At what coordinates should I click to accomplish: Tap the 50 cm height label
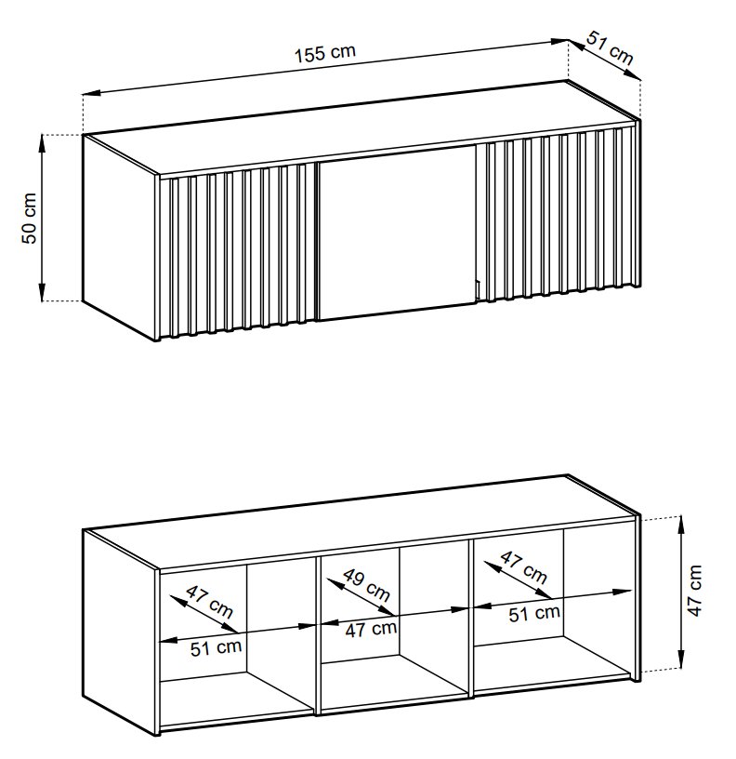(x=30, y=218)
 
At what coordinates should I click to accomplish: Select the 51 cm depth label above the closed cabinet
(x=610, y=48)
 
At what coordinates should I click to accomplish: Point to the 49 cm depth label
(x=366, y=585)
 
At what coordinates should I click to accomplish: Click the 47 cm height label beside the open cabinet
(x=694, y=591)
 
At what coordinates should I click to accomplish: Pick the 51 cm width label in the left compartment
(x=216, y=648)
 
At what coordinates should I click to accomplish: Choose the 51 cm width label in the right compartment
(x=534, y=614)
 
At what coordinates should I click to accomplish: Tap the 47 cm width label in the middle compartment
(x=371, y=630)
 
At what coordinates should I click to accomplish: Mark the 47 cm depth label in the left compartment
(x=209, y=602)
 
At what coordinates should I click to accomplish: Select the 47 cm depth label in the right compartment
(x=523, y=566)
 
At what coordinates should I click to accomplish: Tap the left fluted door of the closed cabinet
(x=238, y=249)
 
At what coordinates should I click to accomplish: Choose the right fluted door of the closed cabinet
(x=556, y=213)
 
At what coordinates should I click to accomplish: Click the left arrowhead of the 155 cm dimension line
(x=91, y=92)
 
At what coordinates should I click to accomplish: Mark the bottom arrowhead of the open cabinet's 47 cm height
(x=681, y=663)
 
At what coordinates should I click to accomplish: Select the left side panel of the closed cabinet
(x=121, y=237)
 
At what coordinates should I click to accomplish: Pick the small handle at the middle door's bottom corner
(x=477, y=290)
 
